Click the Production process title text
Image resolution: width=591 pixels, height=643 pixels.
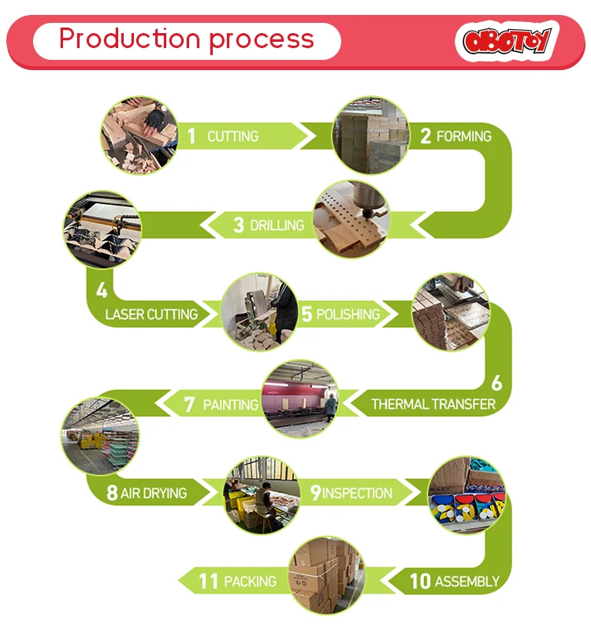pyautogui.click(x=187, y=39)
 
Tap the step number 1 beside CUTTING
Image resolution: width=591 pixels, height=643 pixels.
pyautogui.click(x=191, y=136)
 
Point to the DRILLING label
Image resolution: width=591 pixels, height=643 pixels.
pyautogui.click(x=277, y=225)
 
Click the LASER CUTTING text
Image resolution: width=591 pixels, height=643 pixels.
pyautogui.click(x=151, y=314)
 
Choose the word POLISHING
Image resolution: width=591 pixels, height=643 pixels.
pyautogui.click(x=348, y=314)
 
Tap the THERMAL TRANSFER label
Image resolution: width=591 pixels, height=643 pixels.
pyautogui.click(x=433, y=404)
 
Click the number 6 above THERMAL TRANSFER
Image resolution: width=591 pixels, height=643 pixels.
pyautogui.click(x=496, y=383)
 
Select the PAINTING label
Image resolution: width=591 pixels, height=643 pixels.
pyautogui.click(x=231, y=404)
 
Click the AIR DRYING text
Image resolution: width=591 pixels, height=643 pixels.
pyautogui.click(x=154, y=493)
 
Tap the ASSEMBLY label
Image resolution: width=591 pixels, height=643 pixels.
pyautogui.click(x=466, y=582)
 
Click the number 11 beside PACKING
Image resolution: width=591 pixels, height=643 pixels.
pyautogui.click(x=208, y=582)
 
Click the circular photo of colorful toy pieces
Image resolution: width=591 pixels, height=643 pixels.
pyautogui.click(x=466, y=494)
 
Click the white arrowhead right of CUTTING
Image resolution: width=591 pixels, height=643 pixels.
pyautogui.click(x=303, y=136)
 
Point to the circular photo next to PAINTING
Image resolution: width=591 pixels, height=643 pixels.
pyautogui.click(x=300, y=399)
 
